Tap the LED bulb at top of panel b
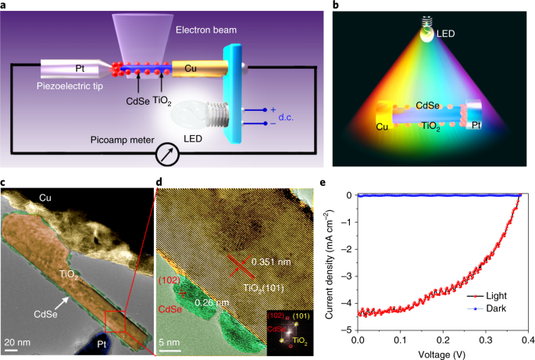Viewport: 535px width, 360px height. pos(426,33)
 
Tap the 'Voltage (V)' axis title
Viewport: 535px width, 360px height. pos(441,353)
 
